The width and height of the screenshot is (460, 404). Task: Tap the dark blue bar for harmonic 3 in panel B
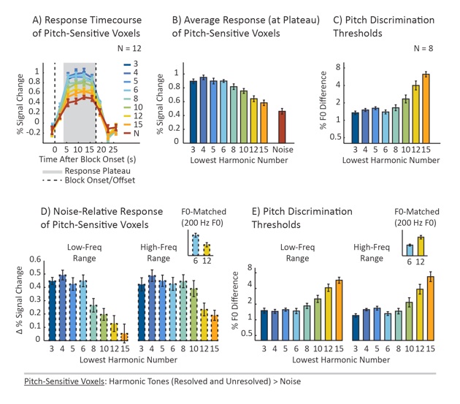[x=193, y=110]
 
